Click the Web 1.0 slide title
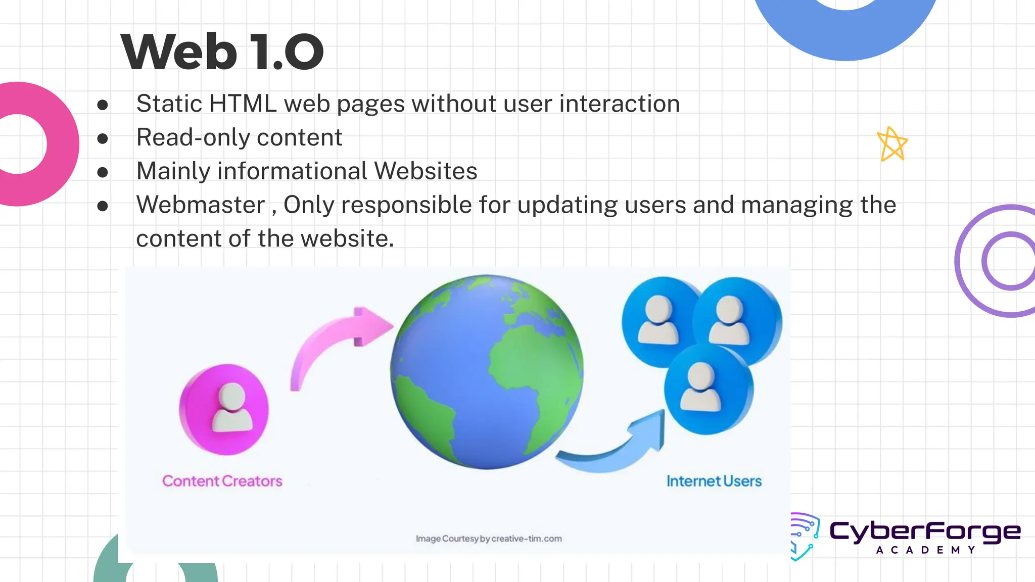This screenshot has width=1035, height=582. (222, 52)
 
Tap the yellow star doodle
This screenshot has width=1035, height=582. (892, 144)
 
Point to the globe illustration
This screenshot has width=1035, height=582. (487, 372)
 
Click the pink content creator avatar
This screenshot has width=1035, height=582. (224, 409)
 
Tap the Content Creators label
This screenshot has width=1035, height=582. (222, 481)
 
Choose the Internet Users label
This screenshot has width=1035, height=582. (714, 481)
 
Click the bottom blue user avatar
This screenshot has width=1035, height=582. (708, 389)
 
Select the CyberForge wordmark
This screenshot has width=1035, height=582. (925, 531)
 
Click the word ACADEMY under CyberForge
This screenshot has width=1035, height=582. (925, 550)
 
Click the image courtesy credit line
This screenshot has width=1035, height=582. (489, 539)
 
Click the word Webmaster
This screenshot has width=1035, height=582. (201, 205)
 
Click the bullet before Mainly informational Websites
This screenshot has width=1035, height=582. (103, 172)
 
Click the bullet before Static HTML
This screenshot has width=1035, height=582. (103, 105)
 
